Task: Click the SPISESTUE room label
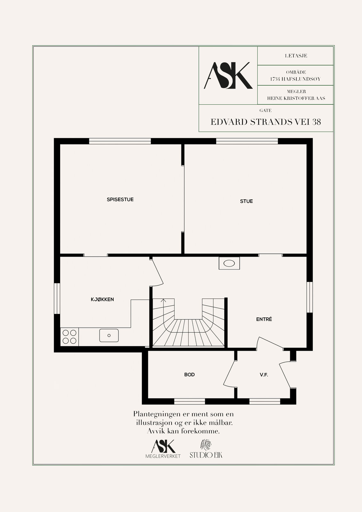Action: (120, 199)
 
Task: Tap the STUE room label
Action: (246, 201)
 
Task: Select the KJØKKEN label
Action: (102, 299)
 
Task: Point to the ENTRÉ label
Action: (264, 319)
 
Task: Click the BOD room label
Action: (189, 374)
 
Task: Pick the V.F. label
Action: (264, 375)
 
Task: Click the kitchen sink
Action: (109, 335)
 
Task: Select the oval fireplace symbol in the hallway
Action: (229, 263)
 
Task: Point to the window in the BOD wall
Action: (189, 401)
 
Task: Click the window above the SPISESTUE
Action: (120, 141)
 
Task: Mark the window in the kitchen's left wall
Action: (57, 298)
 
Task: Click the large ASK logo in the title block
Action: (228, 76)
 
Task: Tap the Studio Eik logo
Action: (206, 449)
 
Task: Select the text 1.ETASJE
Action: (296, 56)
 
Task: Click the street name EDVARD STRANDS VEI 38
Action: (266, 122)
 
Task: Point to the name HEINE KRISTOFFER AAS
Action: (296, 98)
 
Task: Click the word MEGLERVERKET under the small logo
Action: (163, 456)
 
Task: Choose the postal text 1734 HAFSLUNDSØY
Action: (295, 79)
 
